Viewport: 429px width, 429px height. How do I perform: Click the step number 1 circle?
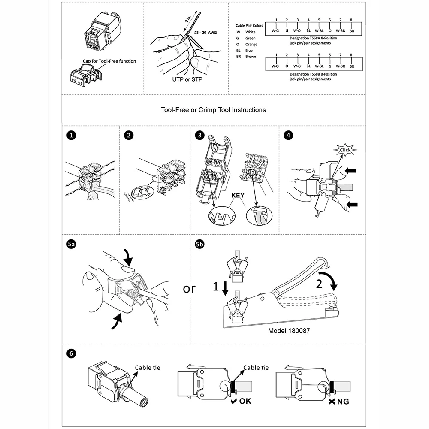(x=72, y=136)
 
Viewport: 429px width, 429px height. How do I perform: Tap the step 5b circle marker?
(x=199, y=245)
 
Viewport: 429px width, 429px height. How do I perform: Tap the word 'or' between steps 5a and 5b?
(x=189, y=288)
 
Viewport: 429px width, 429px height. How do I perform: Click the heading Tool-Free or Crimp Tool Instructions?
(x=213, y=110)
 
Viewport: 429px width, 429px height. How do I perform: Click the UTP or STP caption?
(x=187, y=79)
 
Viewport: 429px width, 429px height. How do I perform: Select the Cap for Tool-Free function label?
(x=110, y=61)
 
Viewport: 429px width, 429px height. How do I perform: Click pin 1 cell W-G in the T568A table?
(x=276, y=31)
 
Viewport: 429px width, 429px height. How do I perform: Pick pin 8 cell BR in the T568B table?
(x=351, y=66)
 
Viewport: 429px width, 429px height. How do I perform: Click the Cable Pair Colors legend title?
(x=249, y=26)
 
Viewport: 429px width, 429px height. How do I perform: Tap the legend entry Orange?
(x=251, y=44)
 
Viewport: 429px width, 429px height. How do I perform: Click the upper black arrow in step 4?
(x=350, y=171)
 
